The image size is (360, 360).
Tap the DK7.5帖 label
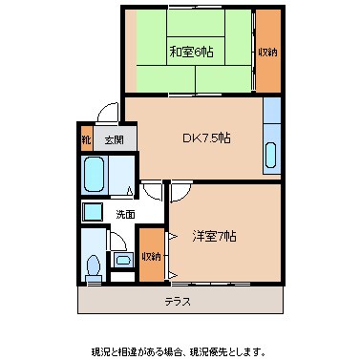tap(206, 138)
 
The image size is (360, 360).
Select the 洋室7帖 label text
tap(212, 235)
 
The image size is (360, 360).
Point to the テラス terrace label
tap(177, 302)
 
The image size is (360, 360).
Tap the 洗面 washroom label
tap(125, 213)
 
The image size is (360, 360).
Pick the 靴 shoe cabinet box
tap(87, 139)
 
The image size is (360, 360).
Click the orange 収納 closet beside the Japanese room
tap(268, 51)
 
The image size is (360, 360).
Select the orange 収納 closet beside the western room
tap(151, 256)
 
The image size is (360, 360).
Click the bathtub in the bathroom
tap(95, 176)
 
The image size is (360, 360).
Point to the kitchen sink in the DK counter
tap(271, 155)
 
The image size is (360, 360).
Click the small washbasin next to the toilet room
tap(123, 259)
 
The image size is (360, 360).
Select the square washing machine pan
tap(93, 213)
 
